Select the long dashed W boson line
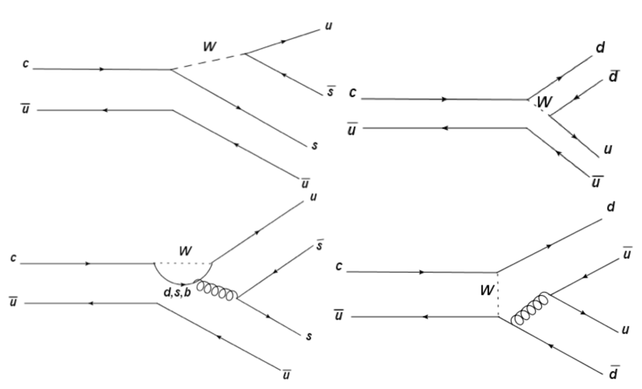(207, 61)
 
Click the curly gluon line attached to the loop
(215, 287)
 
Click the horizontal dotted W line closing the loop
(183, 263)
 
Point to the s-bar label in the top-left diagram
(331, 92)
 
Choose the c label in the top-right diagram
(352, 92)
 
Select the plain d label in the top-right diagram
(600, 48)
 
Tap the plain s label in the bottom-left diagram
(308, 336)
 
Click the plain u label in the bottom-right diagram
(626, 330)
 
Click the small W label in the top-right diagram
(543, 102)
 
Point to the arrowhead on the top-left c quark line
(102, 69)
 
